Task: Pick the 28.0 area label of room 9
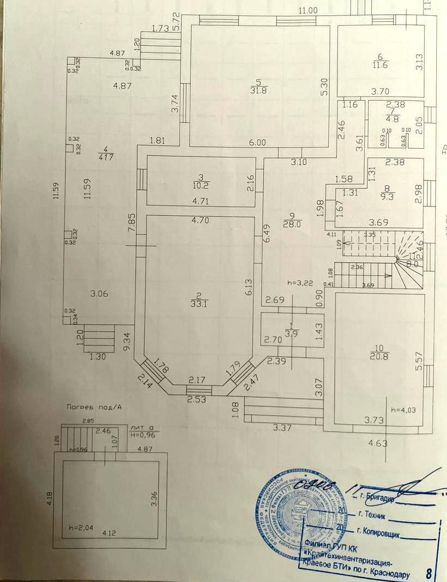288,223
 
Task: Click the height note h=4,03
402,410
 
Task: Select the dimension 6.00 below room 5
257,142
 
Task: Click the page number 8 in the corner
428,573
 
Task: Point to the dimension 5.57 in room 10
419,361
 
